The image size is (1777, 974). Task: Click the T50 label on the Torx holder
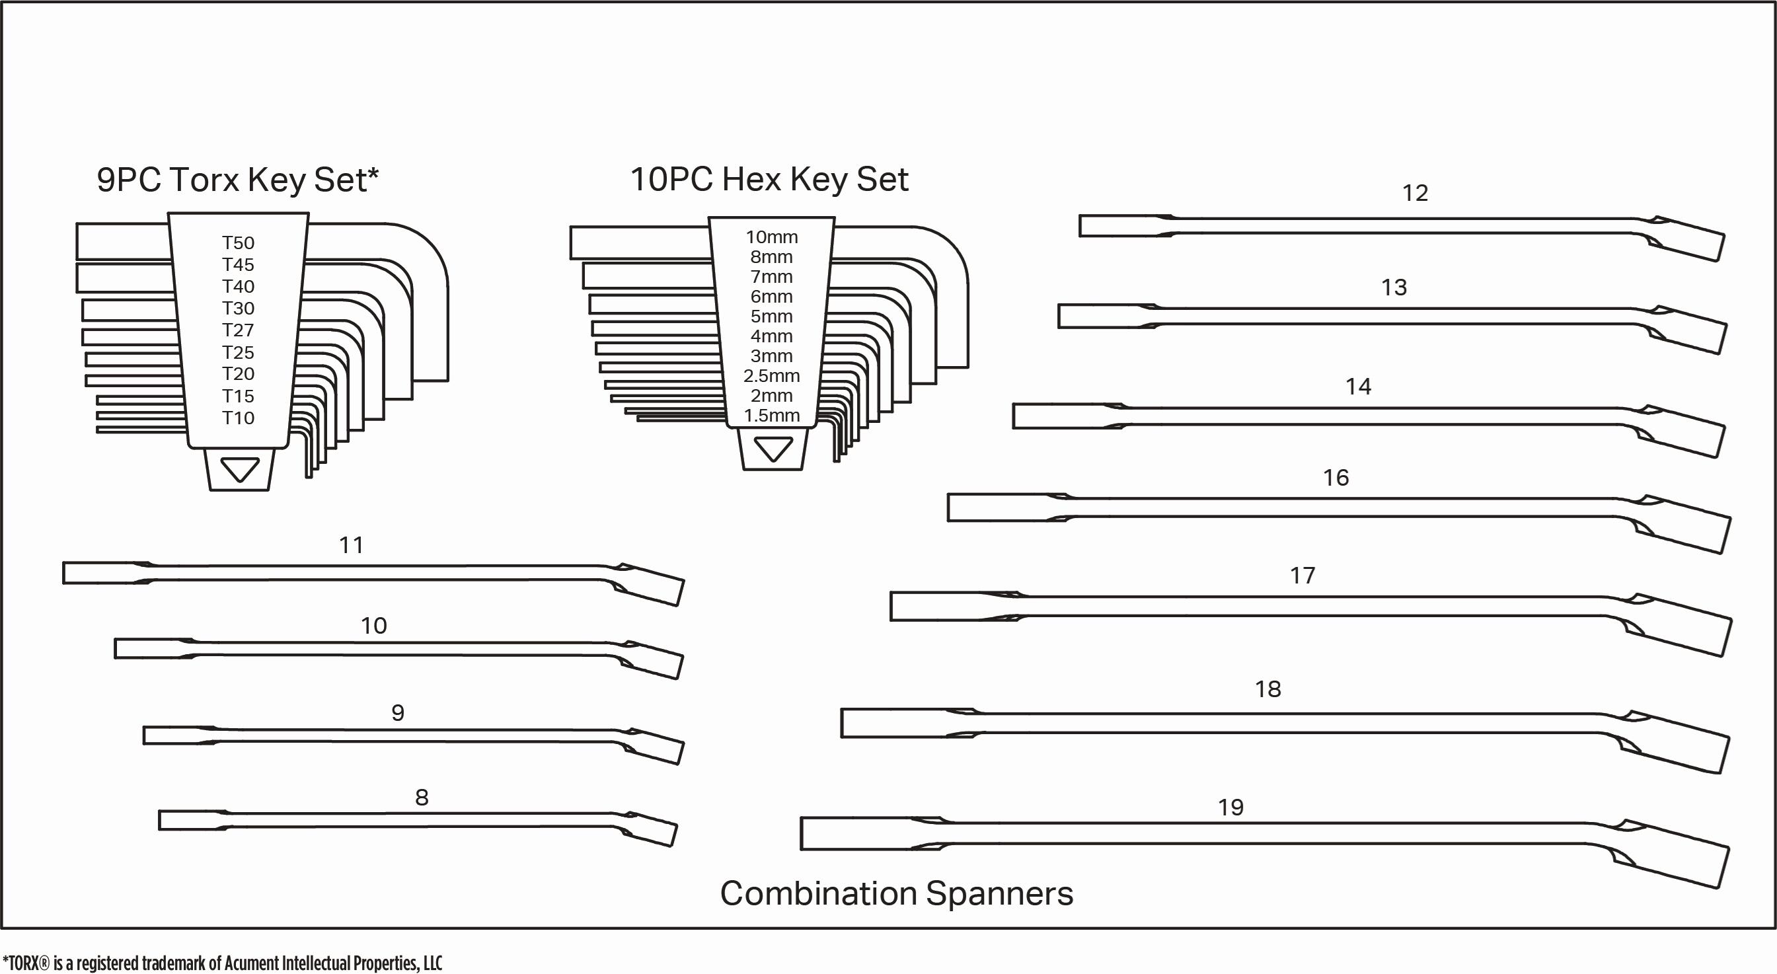238,243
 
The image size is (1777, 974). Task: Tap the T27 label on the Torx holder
238,330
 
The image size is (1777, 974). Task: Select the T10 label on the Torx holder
238,418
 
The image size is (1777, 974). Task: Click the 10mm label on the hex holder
771,237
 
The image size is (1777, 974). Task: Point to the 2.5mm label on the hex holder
771,376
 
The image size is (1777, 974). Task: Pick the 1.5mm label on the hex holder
771,415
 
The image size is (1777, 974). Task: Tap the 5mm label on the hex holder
771,316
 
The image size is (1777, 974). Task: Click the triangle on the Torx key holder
239,470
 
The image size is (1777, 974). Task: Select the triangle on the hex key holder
773,450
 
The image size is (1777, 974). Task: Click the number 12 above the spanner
1415,193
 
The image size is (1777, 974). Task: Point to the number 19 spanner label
1230,807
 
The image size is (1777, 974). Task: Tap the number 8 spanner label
422,798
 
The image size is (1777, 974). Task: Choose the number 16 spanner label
1336,477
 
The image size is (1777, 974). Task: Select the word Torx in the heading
204,180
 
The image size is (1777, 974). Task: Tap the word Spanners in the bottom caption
999,894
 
